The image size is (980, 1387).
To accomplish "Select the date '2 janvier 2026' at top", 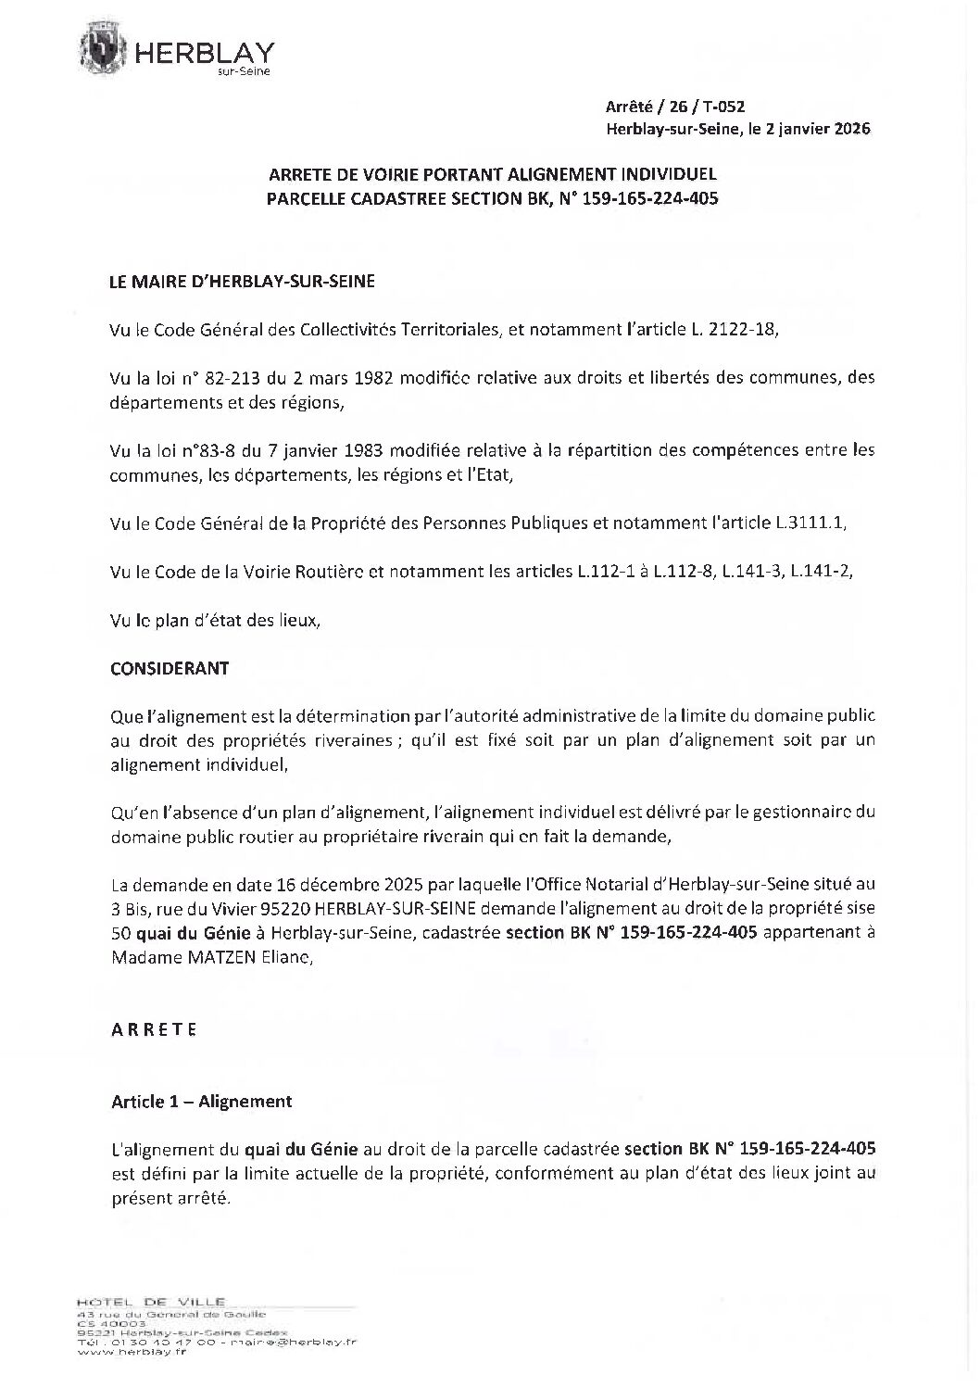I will (819, 130).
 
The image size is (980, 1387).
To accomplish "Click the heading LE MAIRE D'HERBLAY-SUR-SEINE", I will (243, 282).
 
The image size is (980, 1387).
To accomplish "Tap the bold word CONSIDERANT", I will (170, 668).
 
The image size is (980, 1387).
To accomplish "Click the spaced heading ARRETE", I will (154, 1029).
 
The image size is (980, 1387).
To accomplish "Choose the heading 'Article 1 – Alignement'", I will (202, 1102).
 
